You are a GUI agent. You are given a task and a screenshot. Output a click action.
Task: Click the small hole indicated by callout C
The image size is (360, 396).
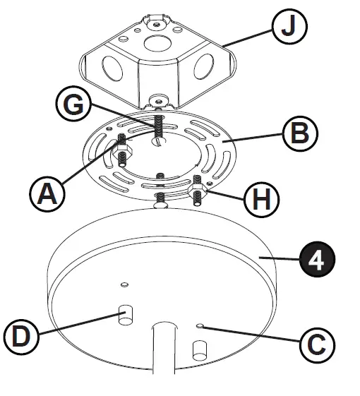tap(202, 326)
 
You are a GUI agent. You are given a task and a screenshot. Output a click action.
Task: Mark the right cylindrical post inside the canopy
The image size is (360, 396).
tap(200, 350)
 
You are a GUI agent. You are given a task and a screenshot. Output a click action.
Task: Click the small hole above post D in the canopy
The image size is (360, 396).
tap(124, 284)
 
